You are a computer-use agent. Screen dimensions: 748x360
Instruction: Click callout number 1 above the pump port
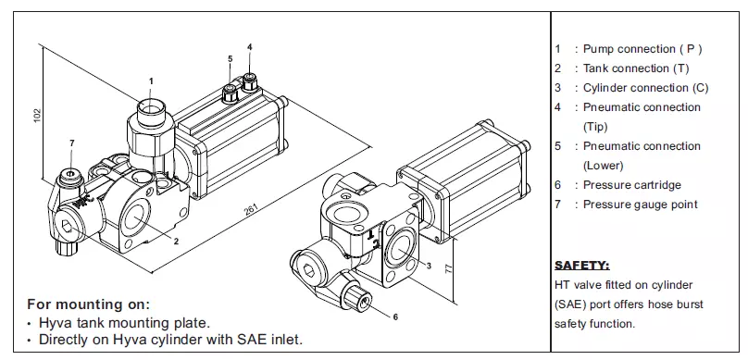click(x=151, y=81)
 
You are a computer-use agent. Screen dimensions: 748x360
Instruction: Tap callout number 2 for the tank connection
click(x=176, y=242)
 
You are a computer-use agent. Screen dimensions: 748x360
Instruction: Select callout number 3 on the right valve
click(x=429, y=266)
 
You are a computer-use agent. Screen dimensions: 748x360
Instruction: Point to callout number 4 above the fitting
click(x=250, y=46)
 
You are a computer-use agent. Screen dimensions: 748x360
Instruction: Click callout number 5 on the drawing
click(x=231, y=58)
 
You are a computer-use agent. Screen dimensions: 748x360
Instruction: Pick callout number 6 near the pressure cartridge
click(x=395, y=317)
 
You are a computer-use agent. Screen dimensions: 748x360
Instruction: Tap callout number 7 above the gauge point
click(x=72, y=143)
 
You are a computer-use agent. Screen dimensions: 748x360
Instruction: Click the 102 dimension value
click(x=38, y=117)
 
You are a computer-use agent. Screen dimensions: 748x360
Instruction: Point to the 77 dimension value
click(x=448, y=268)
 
